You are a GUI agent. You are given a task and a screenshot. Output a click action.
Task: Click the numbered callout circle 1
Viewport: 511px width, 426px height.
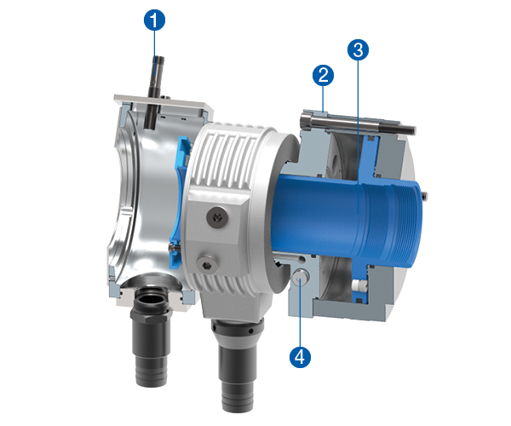(x=154, y=20)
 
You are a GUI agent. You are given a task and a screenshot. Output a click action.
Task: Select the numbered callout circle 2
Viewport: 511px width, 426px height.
(x=323, y=75)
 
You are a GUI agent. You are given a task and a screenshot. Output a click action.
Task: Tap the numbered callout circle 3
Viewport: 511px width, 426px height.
(x=358, y=50)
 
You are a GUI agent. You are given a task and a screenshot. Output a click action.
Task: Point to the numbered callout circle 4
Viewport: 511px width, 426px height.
(x=300, y=357)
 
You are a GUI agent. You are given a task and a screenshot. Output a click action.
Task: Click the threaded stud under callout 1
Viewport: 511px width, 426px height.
(x=154, y=93)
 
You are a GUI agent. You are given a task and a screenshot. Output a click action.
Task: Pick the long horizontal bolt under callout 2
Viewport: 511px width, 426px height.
(x=357, y=124)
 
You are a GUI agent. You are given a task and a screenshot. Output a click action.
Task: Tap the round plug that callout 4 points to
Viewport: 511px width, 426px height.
(x=300, y=276)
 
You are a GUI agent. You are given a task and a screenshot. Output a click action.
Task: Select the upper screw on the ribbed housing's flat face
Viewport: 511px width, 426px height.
(x=217, y=216)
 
